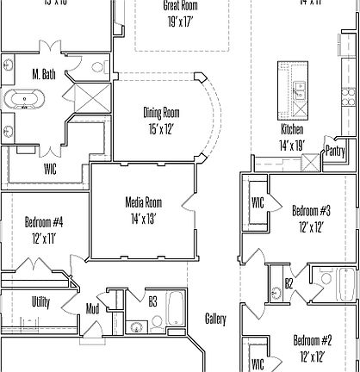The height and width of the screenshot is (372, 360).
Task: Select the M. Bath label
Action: (43, 75)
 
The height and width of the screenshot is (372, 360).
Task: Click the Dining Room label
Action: (161, 112)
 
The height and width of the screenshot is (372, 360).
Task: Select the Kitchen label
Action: (292, 129)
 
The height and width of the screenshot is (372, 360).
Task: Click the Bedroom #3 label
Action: (312, 210)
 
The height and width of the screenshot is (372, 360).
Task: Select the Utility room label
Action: (40, 302)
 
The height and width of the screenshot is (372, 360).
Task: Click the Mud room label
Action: (91, 309)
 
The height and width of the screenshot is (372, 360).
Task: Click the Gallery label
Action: (215, 319)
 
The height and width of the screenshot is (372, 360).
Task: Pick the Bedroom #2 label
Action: (312, 338)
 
